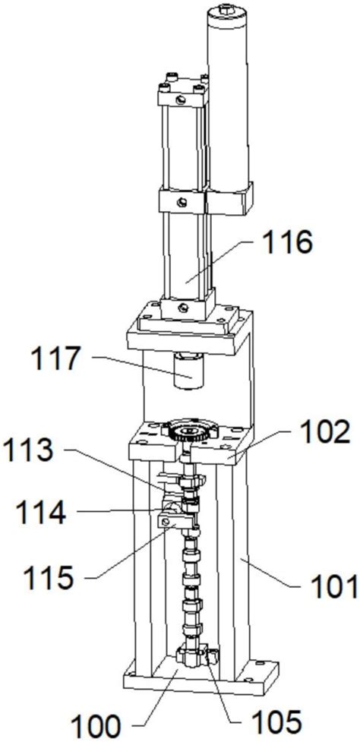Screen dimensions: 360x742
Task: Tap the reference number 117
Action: [x=55, y=359]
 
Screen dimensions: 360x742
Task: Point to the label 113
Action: [x=28, y=452]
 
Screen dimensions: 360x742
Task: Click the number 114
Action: [x=40, y=513]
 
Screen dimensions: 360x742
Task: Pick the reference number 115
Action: [x=49, y=576]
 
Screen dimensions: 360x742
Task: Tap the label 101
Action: [x=334, y=587]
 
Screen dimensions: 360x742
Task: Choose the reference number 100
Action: [x=96, y=725]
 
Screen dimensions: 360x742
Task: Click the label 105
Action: [x=276, y=722]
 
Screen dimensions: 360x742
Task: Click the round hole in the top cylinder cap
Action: [x=181, y=99]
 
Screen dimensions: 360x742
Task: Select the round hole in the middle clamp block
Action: [x=182, y=203]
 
